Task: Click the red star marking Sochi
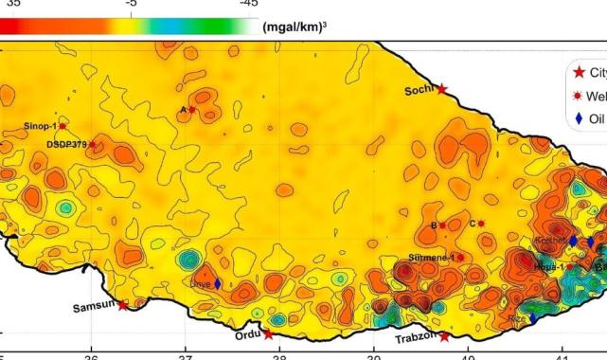pos(441,88)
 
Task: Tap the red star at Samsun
pos(123,304)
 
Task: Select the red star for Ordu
pos(268,334)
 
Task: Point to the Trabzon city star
pos(444,336)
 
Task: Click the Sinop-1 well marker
pos(62,126)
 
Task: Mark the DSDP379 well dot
pos(92,145)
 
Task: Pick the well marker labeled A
pos(192,110)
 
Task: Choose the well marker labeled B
pos(442,225)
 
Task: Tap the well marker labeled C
pos(481,224)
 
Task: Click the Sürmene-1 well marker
pos(460,257)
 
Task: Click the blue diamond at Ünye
pos(218,283)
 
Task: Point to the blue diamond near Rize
pos(533,319)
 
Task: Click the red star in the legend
pos(580,73)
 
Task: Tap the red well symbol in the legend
pos(580,97)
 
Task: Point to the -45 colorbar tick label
pos(248,4)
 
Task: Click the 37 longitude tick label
pos(186,356)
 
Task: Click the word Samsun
pos(94,308)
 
